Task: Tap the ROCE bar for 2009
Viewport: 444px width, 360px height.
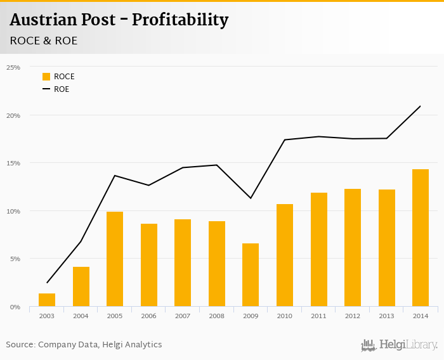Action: (251, 274)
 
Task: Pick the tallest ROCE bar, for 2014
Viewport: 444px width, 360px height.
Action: (421, 238)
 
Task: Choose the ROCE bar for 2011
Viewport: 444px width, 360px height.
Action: (318, 249)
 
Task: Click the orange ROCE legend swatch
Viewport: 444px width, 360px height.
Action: (46, 77)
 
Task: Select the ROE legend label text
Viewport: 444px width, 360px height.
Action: (62, 89)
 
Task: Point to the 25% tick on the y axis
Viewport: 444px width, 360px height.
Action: (13, 67)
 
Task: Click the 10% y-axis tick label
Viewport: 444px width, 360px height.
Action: (13, 211)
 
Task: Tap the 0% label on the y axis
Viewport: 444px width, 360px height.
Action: (15, 307)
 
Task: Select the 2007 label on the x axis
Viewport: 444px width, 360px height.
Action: (183, 316)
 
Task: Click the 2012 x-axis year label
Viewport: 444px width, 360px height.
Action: (353, 316)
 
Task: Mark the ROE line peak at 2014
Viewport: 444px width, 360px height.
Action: (420, 106)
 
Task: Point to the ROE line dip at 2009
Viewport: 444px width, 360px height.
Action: (251, 198)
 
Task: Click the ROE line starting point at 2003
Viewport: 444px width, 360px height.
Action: (47, 283)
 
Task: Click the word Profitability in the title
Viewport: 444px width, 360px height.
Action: (180, 20)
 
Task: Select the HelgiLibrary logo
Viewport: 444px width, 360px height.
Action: (399, 345)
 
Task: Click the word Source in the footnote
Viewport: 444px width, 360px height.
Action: (20, 345)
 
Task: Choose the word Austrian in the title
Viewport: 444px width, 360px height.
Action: (45, 20)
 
